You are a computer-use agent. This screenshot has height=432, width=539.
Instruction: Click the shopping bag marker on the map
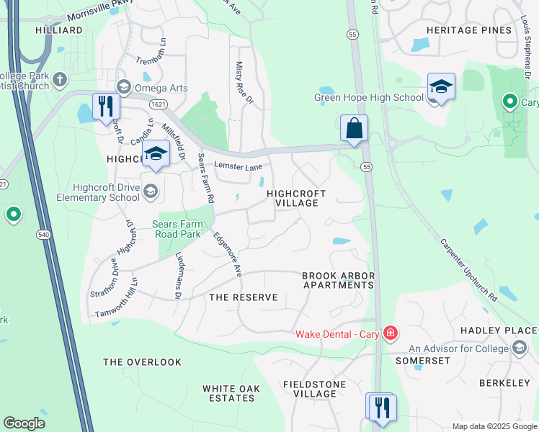[x=354, y=129]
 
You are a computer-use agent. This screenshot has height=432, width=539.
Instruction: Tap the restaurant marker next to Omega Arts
[x=106, y=107]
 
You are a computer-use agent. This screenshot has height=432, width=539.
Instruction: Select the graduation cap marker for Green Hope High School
[x=440, y=87]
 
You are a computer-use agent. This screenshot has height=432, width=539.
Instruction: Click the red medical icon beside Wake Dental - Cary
[x=390, y=333]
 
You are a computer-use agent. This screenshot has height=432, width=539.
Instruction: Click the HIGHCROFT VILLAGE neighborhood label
[x=296, y=198]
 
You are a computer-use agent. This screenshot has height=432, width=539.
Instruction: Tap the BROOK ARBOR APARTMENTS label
[x=337, y=280]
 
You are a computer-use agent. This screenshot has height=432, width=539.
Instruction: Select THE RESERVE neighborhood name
[x=243, y=297]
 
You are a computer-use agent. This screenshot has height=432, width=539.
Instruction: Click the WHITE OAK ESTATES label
[x=230, y=392]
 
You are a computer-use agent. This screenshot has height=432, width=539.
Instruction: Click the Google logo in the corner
[x=24, y=423]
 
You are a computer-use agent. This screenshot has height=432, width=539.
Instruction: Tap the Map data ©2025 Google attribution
[x=494, y=426]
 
